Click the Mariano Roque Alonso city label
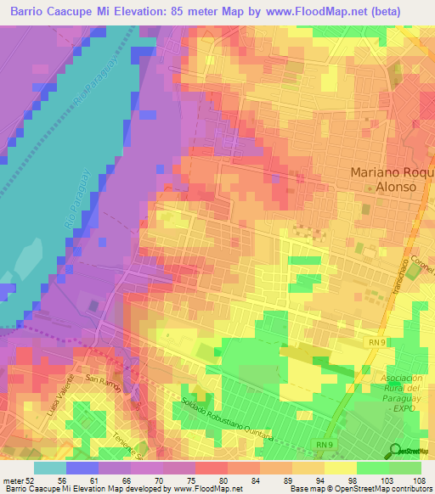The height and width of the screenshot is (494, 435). click(392, 182)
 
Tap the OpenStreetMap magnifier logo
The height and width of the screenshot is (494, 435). click(396, 451)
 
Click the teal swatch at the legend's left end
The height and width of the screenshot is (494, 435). click(50, 468)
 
